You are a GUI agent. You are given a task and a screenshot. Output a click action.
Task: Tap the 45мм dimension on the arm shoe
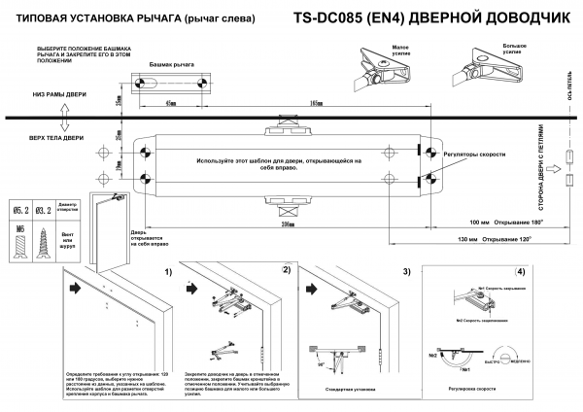171,102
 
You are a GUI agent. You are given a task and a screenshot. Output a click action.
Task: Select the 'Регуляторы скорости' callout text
475,154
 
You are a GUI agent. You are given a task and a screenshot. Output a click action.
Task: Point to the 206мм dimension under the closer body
287,223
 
